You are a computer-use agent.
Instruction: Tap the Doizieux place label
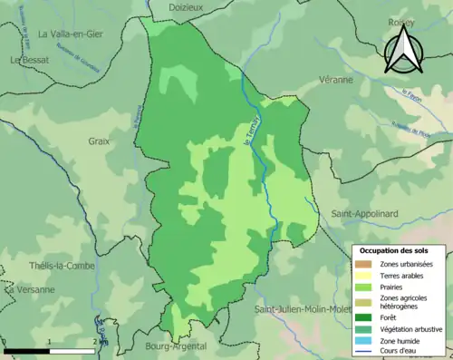188,6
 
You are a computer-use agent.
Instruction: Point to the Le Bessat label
29,60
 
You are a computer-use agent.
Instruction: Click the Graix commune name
100,141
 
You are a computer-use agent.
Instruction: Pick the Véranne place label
336,80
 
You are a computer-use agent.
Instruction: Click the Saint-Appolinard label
362,214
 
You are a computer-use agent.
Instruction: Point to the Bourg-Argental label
177,345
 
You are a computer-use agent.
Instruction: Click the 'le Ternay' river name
252,134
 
